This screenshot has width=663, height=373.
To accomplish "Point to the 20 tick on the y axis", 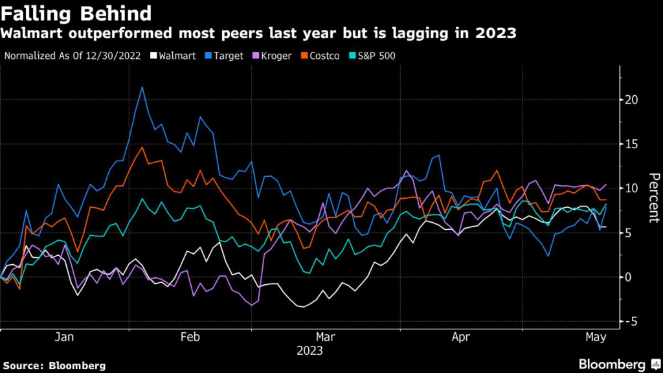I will coord(632,100).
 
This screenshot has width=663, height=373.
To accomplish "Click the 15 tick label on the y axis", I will coord(632,144).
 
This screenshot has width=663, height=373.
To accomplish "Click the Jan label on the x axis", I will coord(64,337).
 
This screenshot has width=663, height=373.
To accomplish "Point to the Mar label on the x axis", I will coord(326,337).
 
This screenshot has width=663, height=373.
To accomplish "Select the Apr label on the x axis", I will coord(460,337).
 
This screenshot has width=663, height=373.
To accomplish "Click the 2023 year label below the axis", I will coord(309,351).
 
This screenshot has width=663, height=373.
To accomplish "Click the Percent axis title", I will coord(653,198).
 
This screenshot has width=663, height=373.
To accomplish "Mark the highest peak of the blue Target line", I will coord(142,87).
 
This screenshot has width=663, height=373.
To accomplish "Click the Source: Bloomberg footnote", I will coord(54,365).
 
